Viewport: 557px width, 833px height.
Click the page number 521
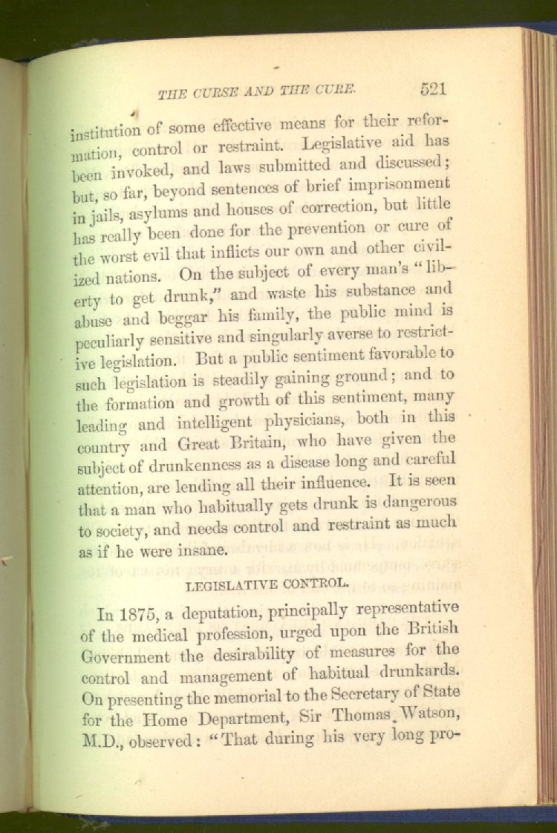(433, 90)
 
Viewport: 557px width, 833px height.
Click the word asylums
(148, 218)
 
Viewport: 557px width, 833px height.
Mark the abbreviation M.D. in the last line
(98, 739)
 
